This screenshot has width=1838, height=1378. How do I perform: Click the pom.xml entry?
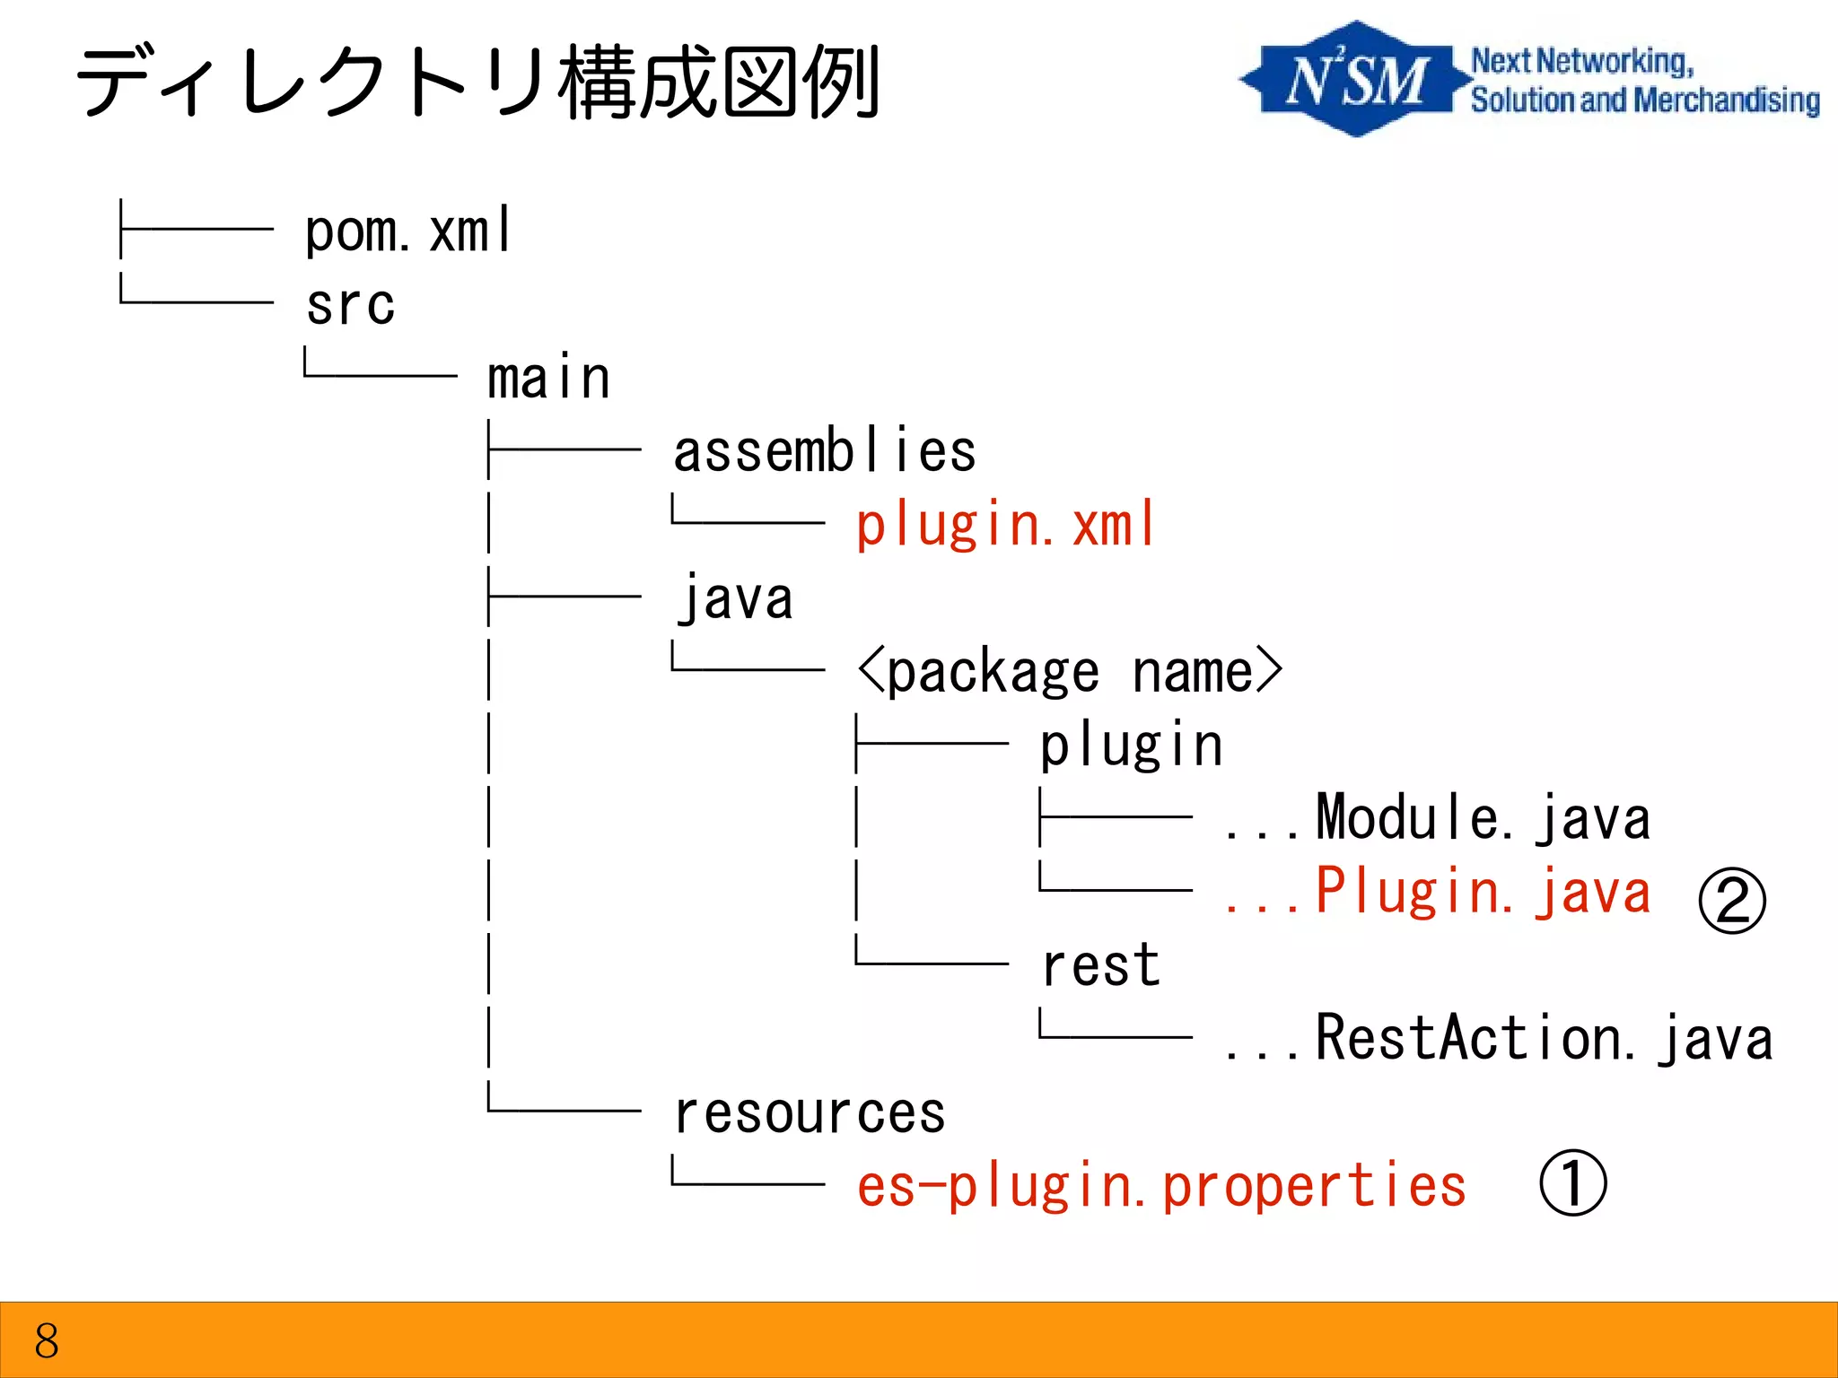click(x=408, y=231)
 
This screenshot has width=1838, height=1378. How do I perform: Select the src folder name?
click(x=350, y=305)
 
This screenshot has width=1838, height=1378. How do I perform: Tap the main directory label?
click(x=548, y=378)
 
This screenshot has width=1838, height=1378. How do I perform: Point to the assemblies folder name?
click(x=824, y=451)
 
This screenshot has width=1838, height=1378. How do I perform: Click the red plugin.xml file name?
click(x=1005, y=525)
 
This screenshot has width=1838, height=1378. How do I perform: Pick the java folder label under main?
click(x=735, y=598)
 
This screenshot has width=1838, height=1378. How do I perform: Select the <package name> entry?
click(x=1070, y=672)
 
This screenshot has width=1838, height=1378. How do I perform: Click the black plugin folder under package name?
click(x=1131, y=746)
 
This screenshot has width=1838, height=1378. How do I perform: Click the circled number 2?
click(x=1731, y=901)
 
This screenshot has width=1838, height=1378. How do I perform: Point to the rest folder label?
click(x=1100, y=966)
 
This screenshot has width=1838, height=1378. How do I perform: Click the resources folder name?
click(x=810, y=1113)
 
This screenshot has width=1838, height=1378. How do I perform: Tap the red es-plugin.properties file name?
click(x=1161, y=1186)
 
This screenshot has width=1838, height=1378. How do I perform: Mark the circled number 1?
click(x=1572, y=1182)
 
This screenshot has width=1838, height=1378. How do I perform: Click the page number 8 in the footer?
click(x=47, y=1341)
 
